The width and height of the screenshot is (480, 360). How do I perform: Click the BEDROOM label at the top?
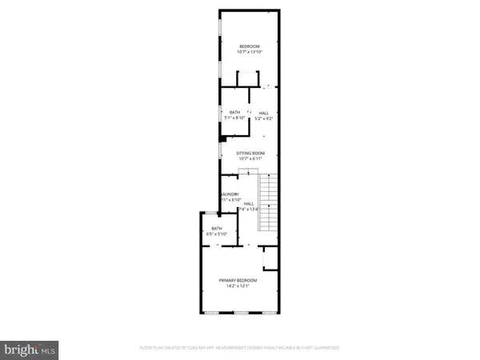250,47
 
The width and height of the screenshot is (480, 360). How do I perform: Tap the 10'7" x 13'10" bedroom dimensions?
250,53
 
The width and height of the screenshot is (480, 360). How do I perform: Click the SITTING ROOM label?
250,153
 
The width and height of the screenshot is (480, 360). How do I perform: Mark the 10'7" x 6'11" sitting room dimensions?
250,158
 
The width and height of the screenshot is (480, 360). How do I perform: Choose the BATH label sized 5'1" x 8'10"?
234,113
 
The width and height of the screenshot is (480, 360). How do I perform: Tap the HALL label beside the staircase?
249,204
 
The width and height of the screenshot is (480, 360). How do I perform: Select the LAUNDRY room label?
230,194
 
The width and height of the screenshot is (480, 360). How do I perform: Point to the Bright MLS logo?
30,349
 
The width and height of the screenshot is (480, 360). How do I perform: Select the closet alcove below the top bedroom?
248,78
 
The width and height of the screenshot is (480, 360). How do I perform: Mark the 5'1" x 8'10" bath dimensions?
234,118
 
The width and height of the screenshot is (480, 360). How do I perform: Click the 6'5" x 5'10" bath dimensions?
217,234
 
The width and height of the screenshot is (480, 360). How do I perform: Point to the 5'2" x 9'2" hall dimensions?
264,118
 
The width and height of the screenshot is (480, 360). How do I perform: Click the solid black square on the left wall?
222,137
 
